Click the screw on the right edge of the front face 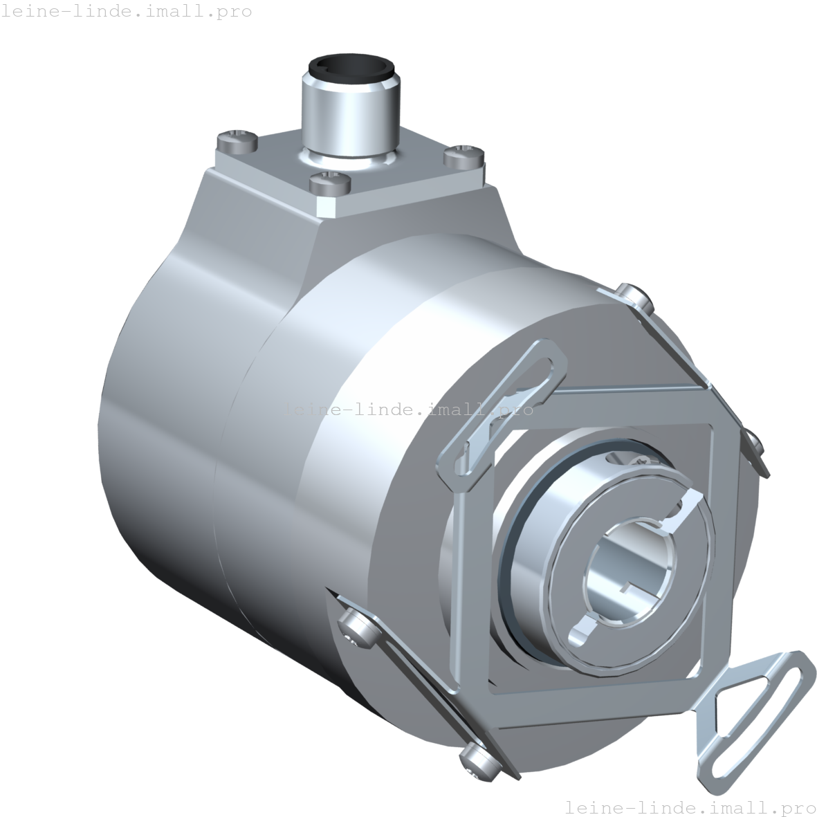tap(753, 440)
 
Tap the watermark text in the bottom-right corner tap(690, 807)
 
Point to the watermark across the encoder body tap(408, 409)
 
